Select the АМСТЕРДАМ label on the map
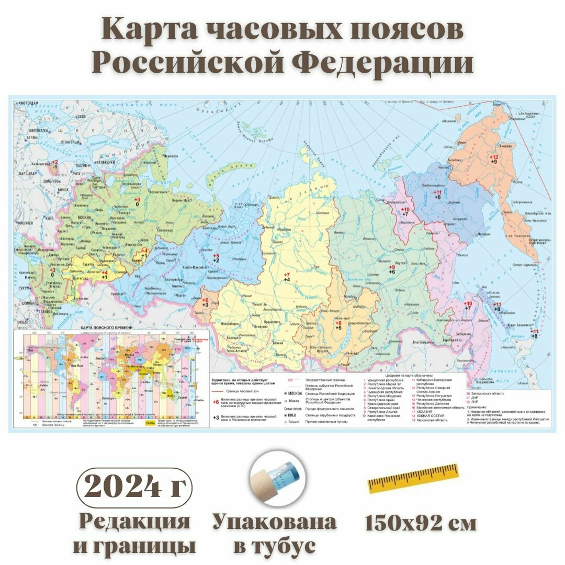[x=29, y=104]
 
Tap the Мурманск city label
[x=170, y=156]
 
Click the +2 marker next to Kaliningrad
[x=54, y=162]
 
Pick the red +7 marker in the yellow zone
[x=287, y=275]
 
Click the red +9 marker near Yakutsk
[x=391, y=268]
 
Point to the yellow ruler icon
[x=413, y=478]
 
